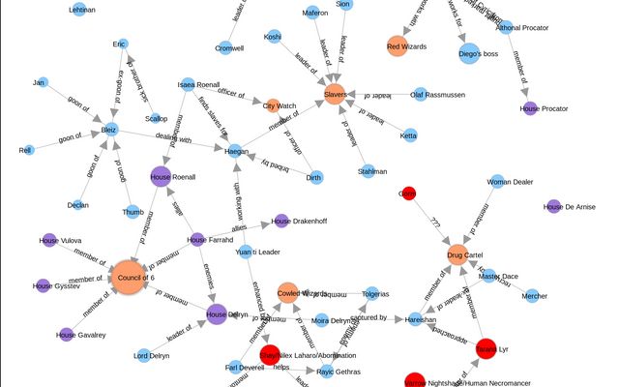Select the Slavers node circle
[x=336, y=94]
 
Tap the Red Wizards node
[x=398, y=45]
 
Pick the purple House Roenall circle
[x=162, y=176]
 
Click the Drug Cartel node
[x=459, y=254]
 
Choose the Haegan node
[x=237, y=150]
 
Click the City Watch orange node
[x=273, y=104]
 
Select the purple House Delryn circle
[x=217, y=313]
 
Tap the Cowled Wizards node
[x=289, y=291]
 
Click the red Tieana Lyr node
[x=487, y=346]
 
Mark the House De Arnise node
[x=553, y=206]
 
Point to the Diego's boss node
[x=469, y=53]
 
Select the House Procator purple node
[x=529, y=108]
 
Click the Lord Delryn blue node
[x=143, y=355]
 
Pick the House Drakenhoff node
[x=281, y=221]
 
